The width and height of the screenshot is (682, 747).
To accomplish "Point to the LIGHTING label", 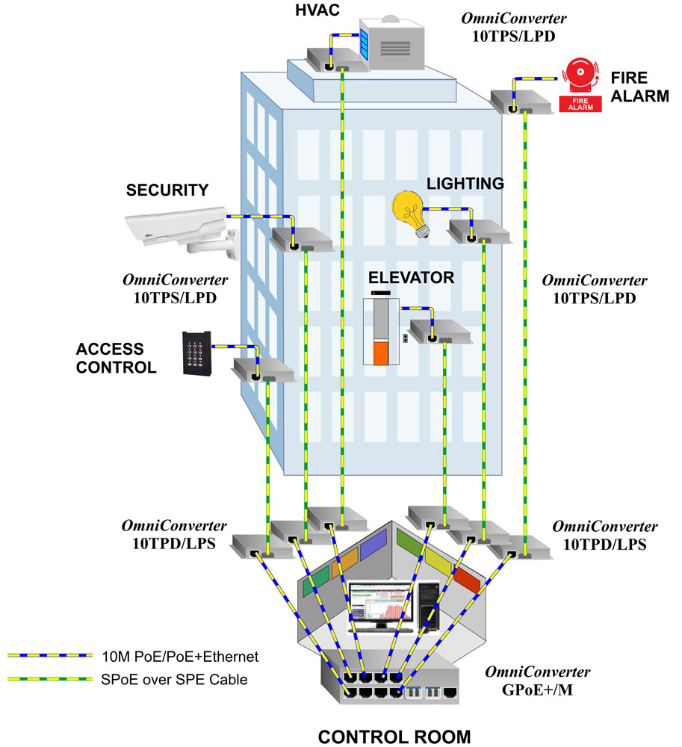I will pos(465,183).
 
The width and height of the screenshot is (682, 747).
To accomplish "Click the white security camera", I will pos(179,228).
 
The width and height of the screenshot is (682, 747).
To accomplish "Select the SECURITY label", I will pos(167,190).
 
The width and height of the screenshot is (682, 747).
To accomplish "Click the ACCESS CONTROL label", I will pos(116,358).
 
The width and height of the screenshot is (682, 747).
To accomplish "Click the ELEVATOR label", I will pos(411,278).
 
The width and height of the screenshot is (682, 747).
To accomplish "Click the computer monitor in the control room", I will pos(379,606).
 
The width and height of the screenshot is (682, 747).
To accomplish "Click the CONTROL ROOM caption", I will pos(394,736).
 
